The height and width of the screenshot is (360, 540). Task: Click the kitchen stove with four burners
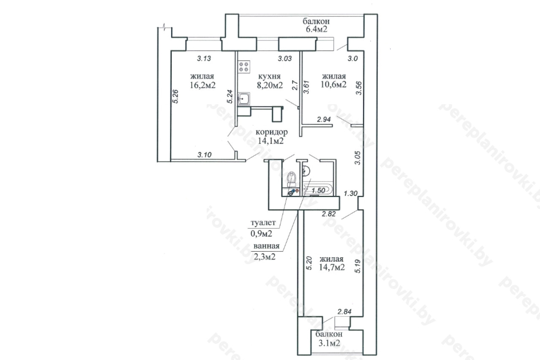(244, 67)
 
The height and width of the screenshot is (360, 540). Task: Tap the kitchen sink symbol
(244, 99)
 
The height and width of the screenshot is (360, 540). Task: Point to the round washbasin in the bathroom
(305, 171)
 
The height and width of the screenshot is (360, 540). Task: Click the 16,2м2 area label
(202, 85)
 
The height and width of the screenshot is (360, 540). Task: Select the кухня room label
(270, 76)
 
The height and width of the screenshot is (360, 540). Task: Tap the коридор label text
(271, 132)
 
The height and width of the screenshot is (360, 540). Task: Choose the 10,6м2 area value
(334, 84)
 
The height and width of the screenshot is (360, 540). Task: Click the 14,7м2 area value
(332, 267)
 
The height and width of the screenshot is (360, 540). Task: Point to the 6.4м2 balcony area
(316, 30)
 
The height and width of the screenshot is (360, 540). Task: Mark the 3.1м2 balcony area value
(329, 343)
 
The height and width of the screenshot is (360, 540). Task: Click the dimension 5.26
(176, 97)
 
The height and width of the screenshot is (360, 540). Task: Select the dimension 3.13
(204, 58)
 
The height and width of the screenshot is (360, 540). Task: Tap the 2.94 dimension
(324, 119)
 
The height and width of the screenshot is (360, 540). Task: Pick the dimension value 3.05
(358, 158)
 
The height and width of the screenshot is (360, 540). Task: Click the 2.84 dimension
(344, 311)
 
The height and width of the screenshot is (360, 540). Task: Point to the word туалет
(263, 222)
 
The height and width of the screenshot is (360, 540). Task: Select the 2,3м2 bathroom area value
(265, 257)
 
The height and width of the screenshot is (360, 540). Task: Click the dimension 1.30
(351, 193)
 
